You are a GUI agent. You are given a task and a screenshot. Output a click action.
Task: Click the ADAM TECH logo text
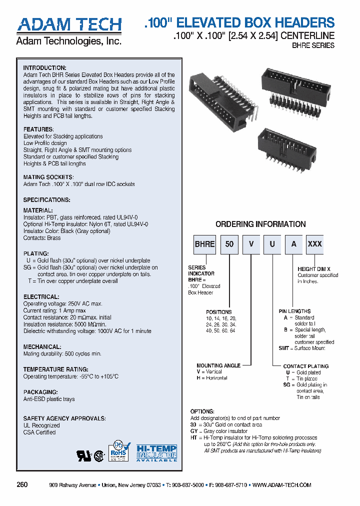coord(69,25)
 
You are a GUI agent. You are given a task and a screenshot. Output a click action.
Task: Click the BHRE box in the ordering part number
coord(204,244)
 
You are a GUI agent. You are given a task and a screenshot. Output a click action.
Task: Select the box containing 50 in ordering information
coord(229,244)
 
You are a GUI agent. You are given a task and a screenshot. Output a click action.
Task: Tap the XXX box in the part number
coord(314,244)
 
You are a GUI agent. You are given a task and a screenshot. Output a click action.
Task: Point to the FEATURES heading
coord(38,129)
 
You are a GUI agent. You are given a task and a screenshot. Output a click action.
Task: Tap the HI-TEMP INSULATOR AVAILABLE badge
coord(157,452)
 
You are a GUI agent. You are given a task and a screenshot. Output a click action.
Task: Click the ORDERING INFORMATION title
coord(260,224)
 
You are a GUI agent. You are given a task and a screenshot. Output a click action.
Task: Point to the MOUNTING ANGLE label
coord(218,365)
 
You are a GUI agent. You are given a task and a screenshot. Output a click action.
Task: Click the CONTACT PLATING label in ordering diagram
coord(305,366)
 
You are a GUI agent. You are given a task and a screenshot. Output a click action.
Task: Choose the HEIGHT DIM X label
coord(314,269)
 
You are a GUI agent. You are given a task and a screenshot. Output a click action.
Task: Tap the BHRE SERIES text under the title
coord(313,45)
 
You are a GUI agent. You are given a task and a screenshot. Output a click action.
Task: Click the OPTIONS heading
coord(202,411)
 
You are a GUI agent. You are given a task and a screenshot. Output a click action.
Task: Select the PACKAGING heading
coord(40,392)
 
